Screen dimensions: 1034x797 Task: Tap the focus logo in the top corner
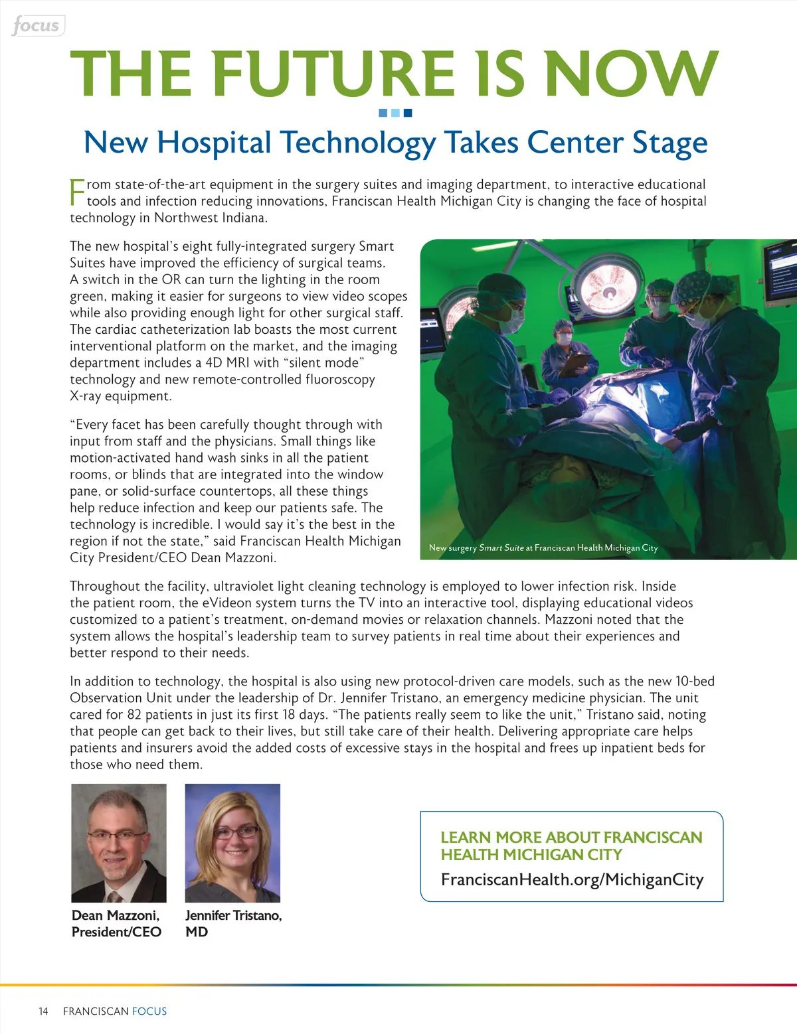tap(37, 26)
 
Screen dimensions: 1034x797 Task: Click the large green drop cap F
tap(77, 192)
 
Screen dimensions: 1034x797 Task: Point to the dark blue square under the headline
tap(408, 113)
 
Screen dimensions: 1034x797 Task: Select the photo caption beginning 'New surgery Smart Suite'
tap(543, 548)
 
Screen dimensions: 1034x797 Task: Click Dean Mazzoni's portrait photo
tap(119, 843)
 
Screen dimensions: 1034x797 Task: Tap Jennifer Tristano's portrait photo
tap(232, 843)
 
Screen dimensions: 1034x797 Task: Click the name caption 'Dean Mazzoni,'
tap(116, 915)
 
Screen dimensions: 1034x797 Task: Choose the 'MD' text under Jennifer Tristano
tap(197, 932)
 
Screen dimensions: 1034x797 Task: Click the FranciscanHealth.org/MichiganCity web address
tap(572, 879)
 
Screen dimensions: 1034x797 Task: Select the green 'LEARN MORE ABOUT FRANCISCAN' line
tap(571, 838)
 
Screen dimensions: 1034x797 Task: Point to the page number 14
tap(43, 1011)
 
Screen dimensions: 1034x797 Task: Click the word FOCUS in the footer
tap(149, 1011)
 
